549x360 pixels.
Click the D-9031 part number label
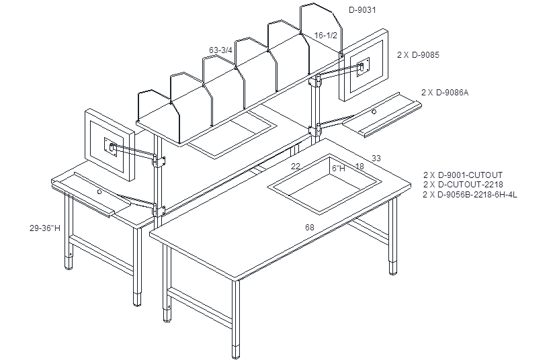[362, 10]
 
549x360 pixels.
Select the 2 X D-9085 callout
[418, 55]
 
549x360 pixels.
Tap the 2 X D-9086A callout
[445, 93]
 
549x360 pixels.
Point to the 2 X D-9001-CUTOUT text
[463, 175]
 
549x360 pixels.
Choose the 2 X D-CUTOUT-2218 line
[463, 185]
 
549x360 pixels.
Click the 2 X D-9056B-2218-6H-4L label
[470, 194]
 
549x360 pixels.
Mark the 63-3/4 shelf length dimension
[220, 50]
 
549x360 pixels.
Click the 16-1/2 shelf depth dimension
[326, 36]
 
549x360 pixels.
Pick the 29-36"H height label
[45, 228]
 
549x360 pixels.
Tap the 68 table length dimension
[310, 228]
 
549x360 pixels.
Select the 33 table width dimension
[376, 158]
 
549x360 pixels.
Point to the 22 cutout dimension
[296, 166]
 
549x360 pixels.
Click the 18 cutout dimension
[360, 167]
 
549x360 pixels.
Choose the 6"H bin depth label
[339, 169]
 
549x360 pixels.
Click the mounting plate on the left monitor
[111, 147]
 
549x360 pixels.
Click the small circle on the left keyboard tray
[99, 191]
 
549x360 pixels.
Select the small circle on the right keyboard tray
[374, 112]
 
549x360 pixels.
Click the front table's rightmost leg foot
[393, 267]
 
